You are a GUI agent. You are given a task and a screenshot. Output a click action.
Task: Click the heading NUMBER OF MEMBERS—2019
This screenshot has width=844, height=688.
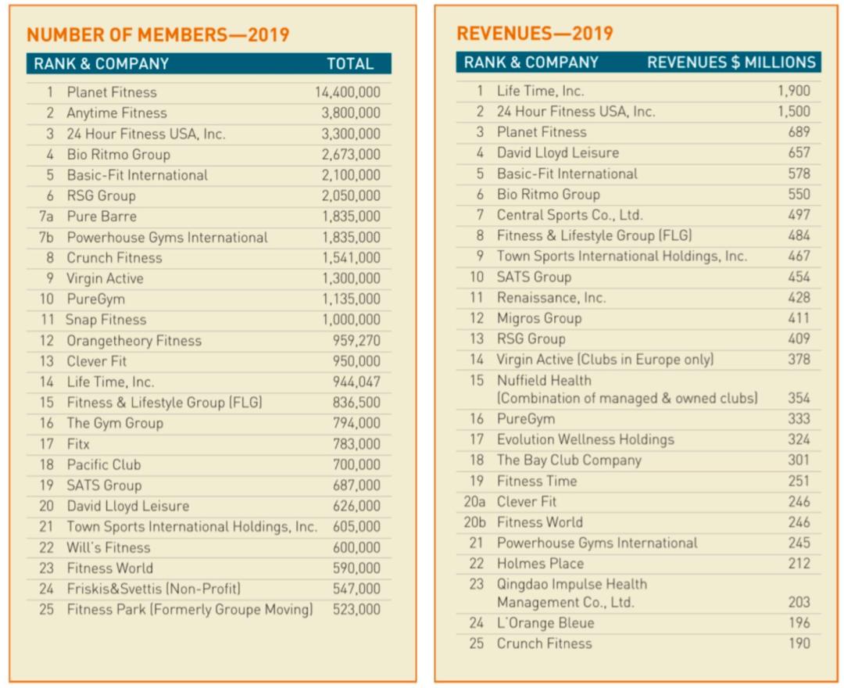158,34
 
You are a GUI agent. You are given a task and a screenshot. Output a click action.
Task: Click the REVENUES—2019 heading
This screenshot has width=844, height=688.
535,34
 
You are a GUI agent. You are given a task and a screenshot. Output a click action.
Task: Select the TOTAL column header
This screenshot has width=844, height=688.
349,64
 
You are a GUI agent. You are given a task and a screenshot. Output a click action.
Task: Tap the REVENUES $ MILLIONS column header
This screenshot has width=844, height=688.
731,63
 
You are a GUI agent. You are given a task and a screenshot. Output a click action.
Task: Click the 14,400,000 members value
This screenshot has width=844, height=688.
348,92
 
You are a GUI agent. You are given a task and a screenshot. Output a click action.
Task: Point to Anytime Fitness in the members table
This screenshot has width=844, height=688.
116,113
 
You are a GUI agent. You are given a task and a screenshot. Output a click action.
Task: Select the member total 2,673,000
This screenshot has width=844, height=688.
351,155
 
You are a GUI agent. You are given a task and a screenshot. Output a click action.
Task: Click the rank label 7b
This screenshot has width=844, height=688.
46,237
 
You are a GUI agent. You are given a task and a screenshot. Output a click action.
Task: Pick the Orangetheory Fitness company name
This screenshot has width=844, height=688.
134,341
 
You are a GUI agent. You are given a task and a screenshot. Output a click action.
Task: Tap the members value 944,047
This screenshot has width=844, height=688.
356,382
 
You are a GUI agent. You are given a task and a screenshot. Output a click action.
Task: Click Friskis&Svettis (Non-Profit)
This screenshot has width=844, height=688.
153,589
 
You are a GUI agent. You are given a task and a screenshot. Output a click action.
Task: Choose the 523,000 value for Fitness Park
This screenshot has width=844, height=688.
356,610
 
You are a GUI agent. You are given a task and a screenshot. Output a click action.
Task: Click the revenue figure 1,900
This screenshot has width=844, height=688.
793,91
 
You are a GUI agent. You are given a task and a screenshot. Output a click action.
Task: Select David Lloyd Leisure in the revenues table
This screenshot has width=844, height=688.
557,153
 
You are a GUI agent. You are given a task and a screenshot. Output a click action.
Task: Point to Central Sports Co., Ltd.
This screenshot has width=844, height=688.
570,215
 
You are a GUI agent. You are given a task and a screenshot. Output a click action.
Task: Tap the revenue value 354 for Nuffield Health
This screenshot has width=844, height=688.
799,398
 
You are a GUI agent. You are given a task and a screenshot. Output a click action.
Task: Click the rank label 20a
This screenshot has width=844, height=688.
474,502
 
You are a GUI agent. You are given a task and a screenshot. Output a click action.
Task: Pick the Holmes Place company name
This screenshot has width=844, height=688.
540,564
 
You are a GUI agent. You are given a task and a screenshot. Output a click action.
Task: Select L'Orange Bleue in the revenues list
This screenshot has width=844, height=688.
545,623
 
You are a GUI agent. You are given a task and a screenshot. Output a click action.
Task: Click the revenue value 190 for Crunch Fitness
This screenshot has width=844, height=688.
799,643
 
